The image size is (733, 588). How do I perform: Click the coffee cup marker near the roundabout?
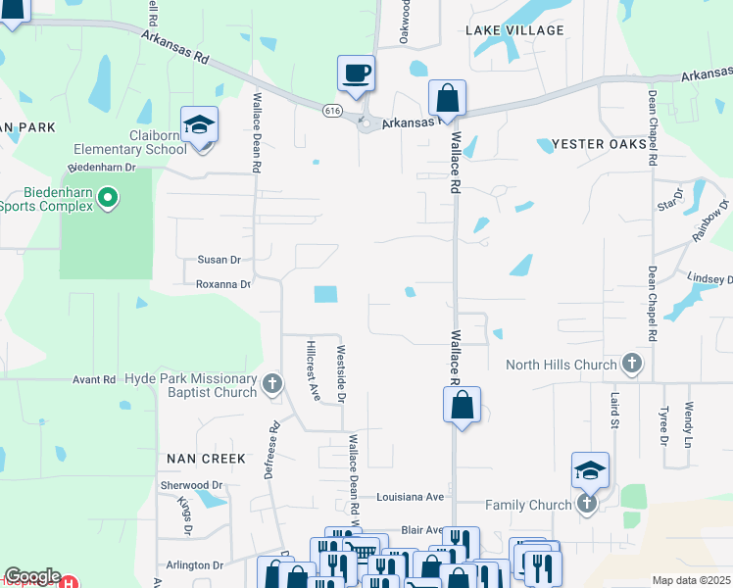pos(356,73)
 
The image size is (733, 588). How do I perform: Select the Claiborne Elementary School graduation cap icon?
pos(200,125)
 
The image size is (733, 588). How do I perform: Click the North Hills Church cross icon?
pos(632,365)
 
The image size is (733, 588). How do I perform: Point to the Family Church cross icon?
pos(587,504)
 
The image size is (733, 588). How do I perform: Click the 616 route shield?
pos(333,112)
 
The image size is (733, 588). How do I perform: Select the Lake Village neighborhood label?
pos(514,30)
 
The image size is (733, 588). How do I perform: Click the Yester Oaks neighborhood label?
pos(600,144)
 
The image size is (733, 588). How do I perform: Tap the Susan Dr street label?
pos(219,260)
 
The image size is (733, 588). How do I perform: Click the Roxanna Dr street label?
pos(223,284)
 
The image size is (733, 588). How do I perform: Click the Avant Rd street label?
pos(94,380)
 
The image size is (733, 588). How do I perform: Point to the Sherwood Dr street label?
pos(191,485)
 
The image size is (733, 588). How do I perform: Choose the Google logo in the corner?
pos(32,576)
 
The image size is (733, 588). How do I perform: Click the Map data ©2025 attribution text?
pos(691,580)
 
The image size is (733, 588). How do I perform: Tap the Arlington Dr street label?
pos(194,565)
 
